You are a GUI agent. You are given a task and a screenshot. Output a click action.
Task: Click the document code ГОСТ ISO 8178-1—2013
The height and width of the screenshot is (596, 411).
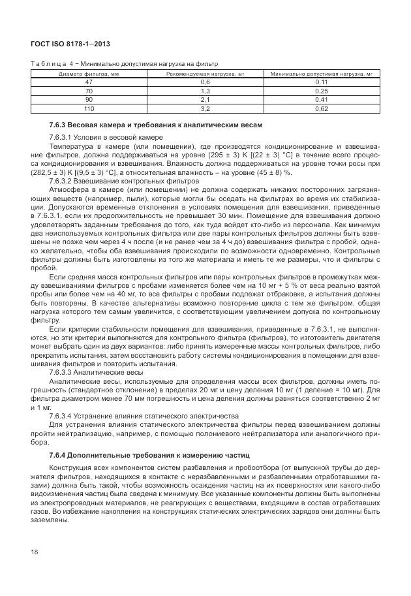tap(70, 44)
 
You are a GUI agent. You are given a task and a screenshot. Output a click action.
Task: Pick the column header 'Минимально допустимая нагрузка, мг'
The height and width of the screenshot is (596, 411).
tap(321, 74)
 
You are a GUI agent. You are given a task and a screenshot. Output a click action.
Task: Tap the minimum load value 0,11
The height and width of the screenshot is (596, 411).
tap(321, 83)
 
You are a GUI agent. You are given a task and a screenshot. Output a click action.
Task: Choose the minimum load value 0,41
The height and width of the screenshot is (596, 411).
tap(321, 100)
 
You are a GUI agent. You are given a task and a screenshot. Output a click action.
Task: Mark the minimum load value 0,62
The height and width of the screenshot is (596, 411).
tap(321, 108)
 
